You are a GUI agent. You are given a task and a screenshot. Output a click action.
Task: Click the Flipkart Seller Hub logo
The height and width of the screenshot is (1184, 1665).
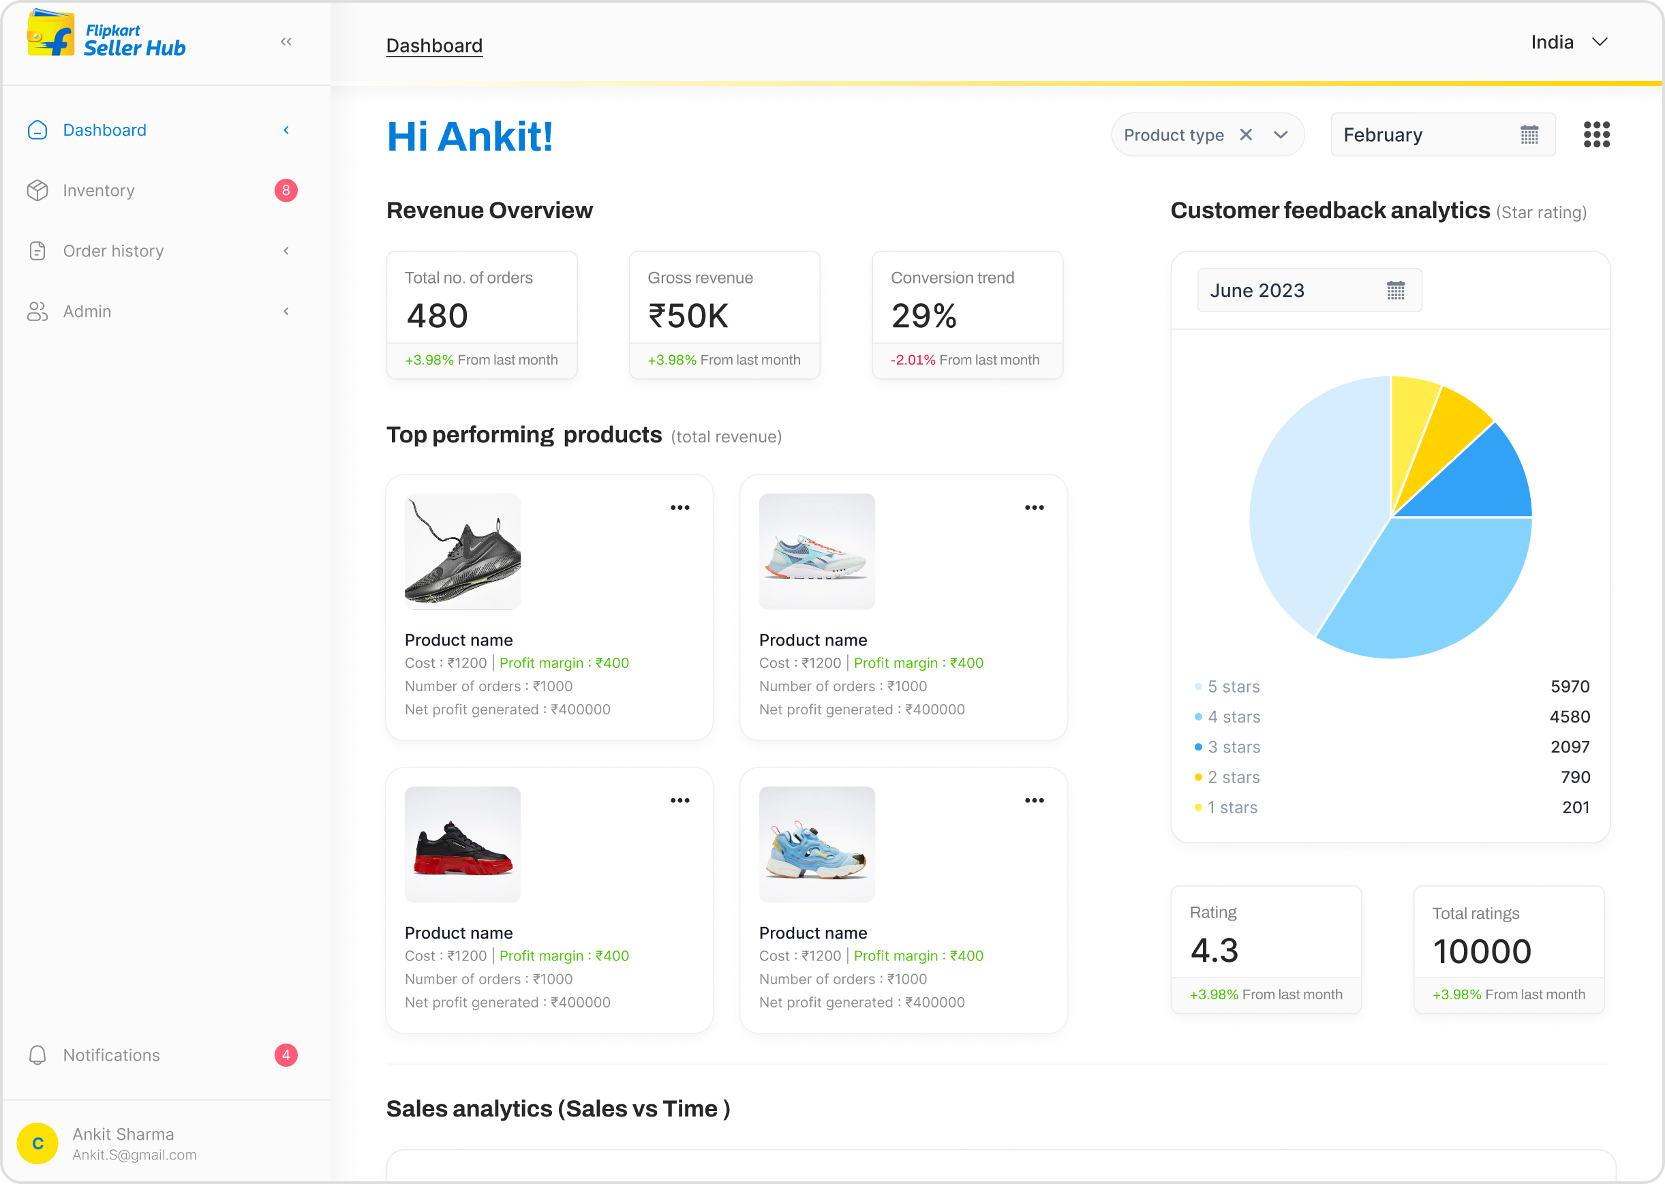[106, 35]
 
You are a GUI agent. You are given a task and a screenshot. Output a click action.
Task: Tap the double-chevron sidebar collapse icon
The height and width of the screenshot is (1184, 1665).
[286, 42]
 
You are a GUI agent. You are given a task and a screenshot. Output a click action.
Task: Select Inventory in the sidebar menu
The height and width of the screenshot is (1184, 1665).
[98, 190]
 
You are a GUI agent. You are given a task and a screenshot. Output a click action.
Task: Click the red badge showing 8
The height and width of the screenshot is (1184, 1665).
[286, 190]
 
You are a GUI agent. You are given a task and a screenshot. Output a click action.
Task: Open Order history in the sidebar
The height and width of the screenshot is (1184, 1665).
[113, 251]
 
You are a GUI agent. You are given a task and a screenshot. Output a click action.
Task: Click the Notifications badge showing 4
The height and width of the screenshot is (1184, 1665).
[286, 1055]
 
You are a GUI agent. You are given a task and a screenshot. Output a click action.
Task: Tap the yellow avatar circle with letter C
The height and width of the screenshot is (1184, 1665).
[38, 1143]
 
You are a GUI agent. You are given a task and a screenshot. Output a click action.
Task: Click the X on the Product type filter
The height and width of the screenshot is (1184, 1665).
[1246, 135]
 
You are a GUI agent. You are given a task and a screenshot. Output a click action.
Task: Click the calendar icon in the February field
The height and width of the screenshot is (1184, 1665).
[1529, 135]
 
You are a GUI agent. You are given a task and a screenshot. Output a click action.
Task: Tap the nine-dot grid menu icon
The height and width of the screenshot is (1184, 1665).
[1596, 135]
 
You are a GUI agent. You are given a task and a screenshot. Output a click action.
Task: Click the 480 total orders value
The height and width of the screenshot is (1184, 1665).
[438, 316]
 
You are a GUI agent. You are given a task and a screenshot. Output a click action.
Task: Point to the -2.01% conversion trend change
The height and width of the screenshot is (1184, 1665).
[913, 360]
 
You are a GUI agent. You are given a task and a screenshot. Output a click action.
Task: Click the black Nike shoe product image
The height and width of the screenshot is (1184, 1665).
[462, 551]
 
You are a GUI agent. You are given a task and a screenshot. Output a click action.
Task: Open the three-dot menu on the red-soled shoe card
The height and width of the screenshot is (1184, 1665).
[679, 800]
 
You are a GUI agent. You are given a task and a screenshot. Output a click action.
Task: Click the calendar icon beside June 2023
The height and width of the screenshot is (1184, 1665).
[1395, 290]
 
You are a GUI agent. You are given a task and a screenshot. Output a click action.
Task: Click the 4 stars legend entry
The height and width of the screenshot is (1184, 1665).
[1234, 716]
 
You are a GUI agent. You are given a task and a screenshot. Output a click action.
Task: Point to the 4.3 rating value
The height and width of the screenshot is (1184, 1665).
[1215, 951]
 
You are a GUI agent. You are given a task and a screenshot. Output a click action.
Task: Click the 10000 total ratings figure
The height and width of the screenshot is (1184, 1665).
[1481, 952]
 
